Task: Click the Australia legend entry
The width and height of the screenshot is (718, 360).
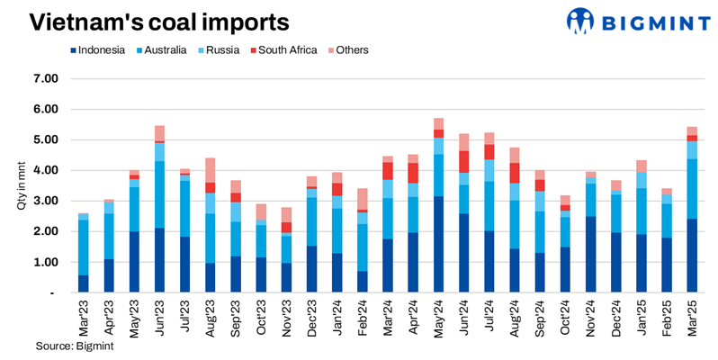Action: pyautogui.click(x=161, y=50)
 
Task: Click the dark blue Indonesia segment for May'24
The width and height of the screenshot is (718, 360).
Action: pyautogui.click(x=438, y=244)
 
